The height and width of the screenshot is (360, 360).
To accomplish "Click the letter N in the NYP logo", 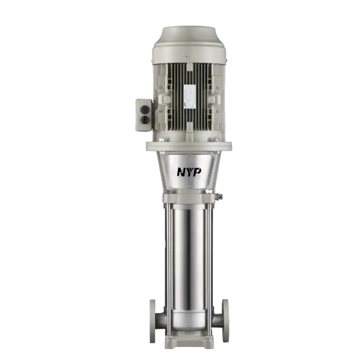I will pos(181,172).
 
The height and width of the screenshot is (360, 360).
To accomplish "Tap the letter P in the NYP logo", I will pos(197,172).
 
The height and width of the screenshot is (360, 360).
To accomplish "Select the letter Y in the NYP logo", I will pos(189,172).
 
